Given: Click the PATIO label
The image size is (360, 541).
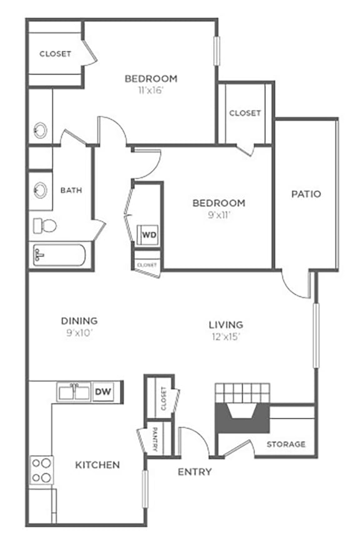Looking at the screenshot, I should (x=306, y=194).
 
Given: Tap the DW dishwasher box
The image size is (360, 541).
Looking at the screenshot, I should (x=103, y=392).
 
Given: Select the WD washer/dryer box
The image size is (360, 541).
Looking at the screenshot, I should (x=149, y=235).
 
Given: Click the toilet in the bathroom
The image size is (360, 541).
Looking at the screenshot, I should (x=44, y=225).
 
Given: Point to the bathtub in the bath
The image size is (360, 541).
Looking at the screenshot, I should (x=59, y=255).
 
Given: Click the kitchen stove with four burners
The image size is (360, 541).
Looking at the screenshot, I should (x=42, y=470).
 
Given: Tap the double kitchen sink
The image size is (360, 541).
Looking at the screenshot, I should (x=74, y=392).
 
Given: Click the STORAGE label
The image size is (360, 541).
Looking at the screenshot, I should (x=286, y=444).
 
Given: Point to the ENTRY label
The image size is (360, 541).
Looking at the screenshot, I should (x=194, y=472).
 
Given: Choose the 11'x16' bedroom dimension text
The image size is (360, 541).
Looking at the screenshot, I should (x=151, y=90).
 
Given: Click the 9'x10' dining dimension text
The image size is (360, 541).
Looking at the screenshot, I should (x=79, y=333).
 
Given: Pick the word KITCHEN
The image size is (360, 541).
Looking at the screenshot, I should (x=97, y=465).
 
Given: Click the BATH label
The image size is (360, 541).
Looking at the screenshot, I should (x=71, y=190).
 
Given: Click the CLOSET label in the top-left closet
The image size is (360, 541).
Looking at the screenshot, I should (x=55, y=54).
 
